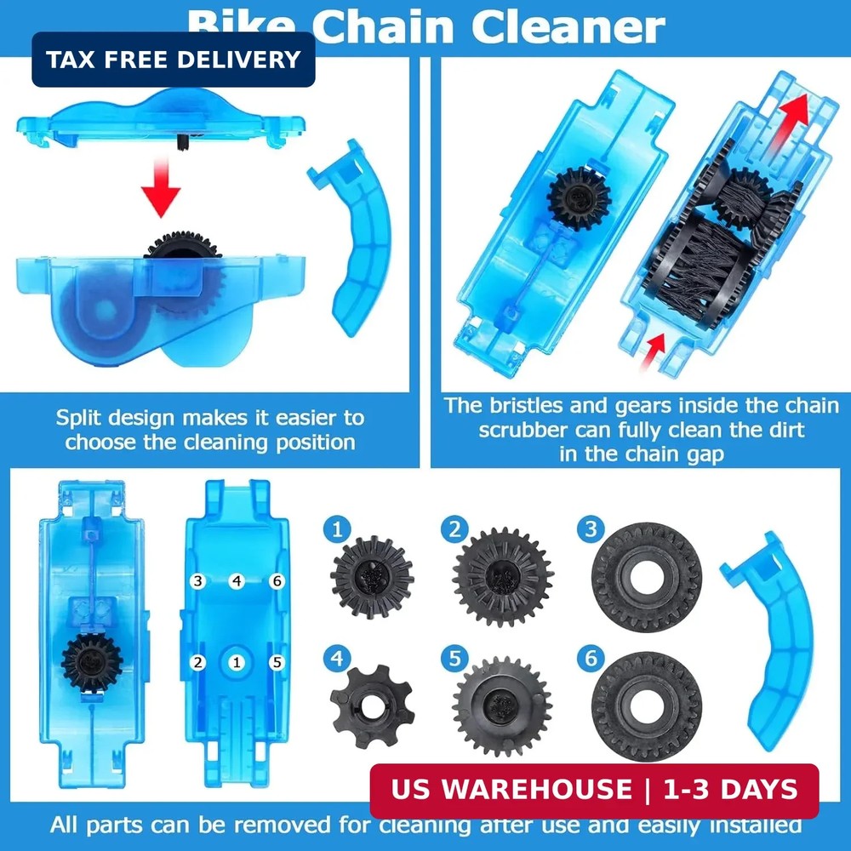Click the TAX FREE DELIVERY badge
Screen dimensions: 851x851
174,60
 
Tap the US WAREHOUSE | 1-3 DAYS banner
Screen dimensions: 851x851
594,791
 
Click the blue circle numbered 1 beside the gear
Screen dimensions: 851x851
338,530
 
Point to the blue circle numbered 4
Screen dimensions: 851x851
338,658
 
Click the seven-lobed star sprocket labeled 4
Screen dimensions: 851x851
372,705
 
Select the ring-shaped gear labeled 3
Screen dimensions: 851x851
646,576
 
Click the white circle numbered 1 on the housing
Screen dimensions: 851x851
237,661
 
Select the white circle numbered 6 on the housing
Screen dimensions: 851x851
275,581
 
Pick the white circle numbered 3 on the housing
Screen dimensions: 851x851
198,581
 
